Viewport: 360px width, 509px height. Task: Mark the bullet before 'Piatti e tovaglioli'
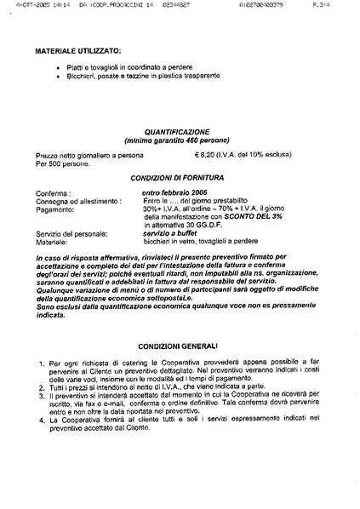coord(57,67)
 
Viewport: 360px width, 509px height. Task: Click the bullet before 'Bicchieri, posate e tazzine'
coord(57,76)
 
